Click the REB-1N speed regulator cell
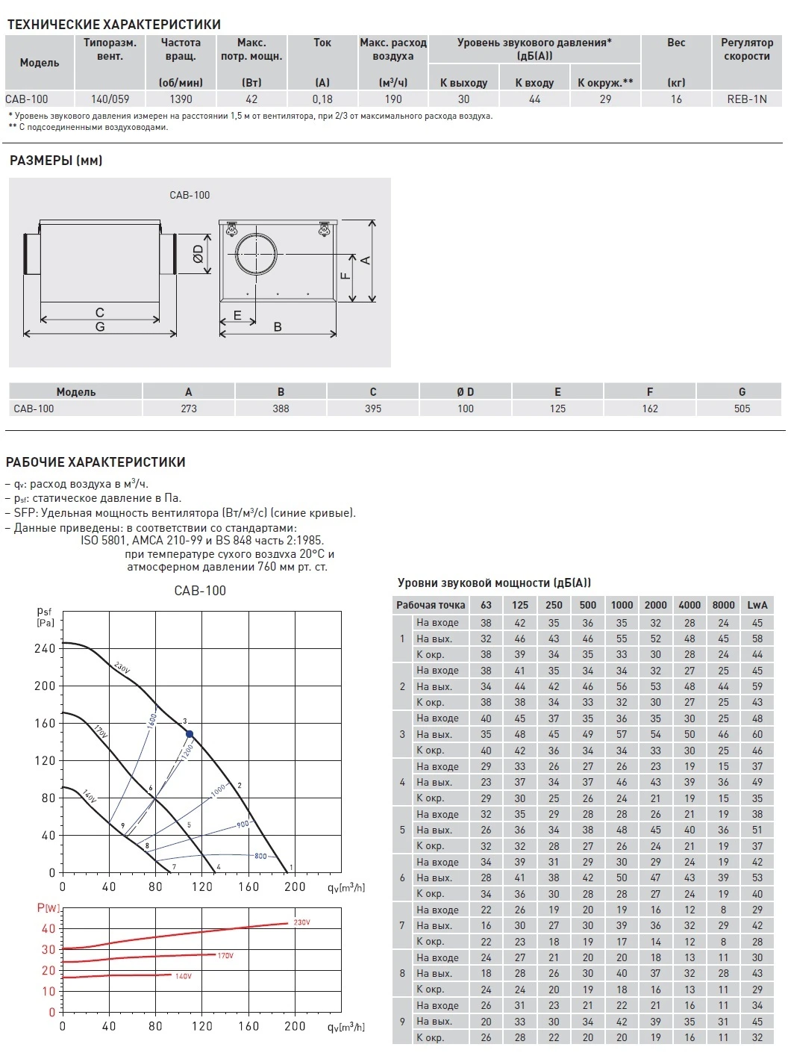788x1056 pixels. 746,99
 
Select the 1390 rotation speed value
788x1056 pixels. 181,99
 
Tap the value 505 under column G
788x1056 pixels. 742,409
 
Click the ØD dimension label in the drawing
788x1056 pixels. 198,254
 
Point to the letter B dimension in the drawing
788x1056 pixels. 278,326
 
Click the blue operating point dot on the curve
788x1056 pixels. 190,734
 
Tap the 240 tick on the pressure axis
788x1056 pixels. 45,648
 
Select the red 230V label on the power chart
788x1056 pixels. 301,922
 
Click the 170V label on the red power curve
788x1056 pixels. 225,955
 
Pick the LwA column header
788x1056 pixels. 757,605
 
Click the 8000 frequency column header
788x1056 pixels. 723,605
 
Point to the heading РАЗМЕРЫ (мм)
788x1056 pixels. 56,161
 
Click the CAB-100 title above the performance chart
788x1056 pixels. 200,591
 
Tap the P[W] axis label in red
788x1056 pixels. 49,908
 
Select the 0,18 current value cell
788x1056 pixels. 322,99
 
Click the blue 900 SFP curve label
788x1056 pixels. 243,824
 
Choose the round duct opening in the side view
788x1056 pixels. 256,254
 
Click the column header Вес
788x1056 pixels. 676,43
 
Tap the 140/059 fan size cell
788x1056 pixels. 110,99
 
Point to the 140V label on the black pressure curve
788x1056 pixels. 89,796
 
